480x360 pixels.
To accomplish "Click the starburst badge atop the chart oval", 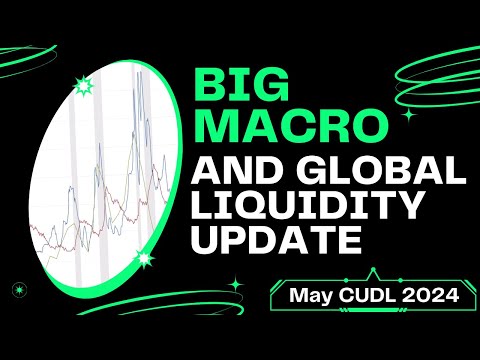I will [x=82, y=86].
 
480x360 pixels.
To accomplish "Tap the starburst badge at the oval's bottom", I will [x=146, y=260].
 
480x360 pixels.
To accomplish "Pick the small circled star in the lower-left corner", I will [x=17, y=289].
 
